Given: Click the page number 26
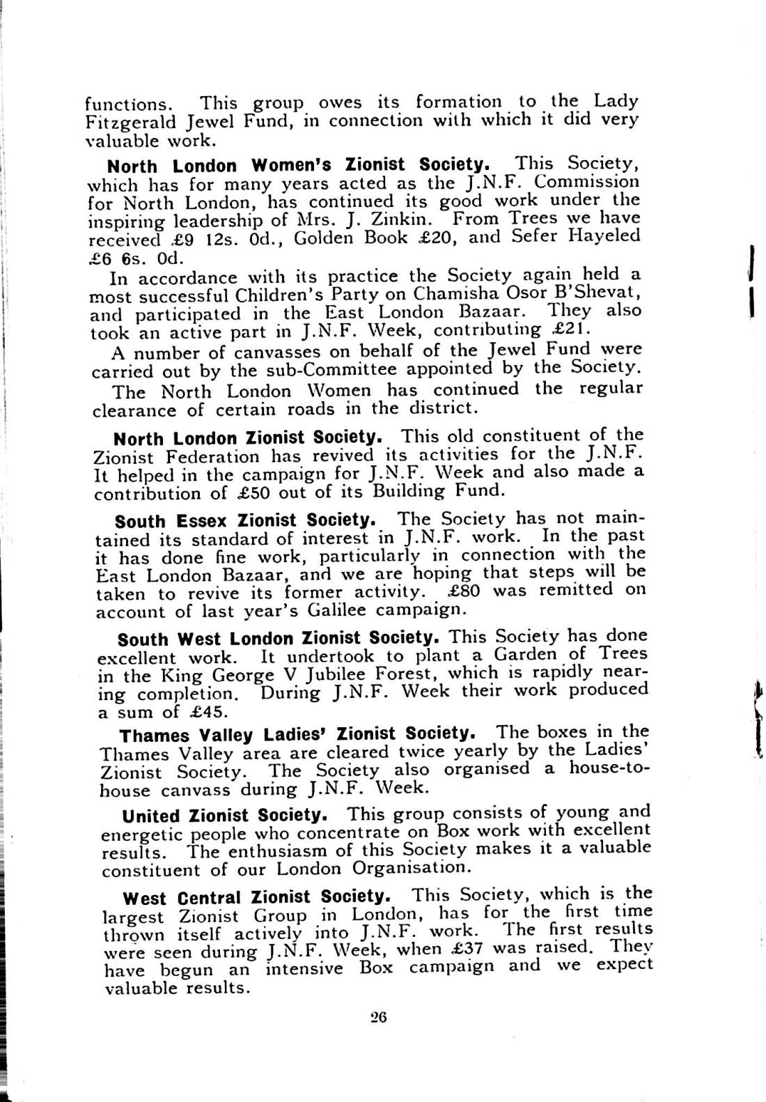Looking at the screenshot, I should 378,1017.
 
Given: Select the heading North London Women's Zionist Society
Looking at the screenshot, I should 299,165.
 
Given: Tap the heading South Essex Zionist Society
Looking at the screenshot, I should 246,520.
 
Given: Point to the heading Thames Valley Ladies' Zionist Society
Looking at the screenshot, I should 298,734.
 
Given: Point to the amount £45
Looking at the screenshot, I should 209,712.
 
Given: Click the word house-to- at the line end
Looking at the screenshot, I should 608,768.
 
